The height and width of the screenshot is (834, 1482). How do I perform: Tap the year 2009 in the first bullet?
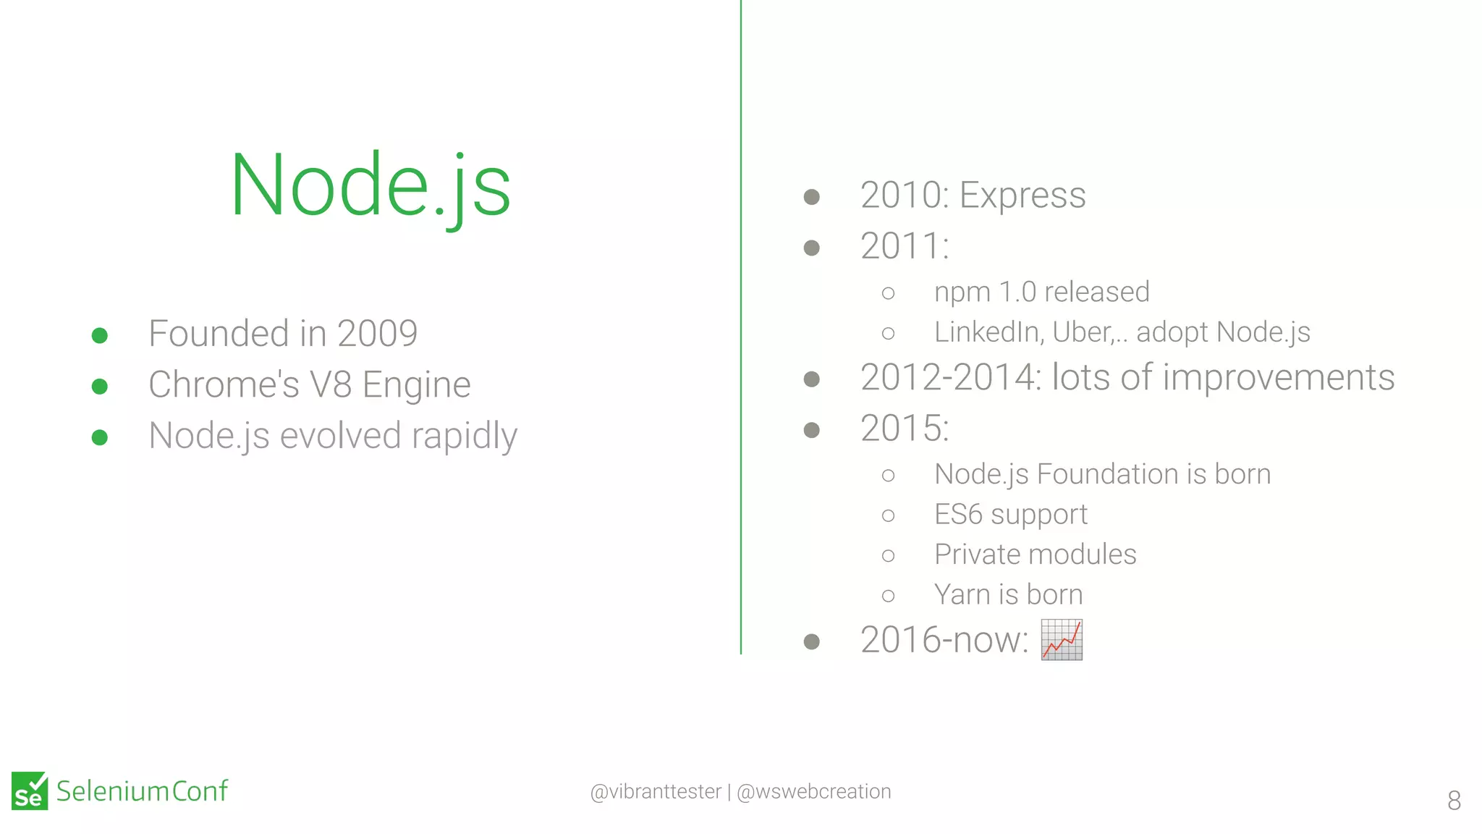377,334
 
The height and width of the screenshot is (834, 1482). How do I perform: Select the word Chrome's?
224,384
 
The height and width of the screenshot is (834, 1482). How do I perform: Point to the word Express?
1022,195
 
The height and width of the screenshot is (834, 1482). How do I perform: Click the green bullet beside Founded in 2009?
100,335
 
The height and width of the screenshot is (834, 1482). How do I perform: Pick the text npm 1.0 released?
1041,292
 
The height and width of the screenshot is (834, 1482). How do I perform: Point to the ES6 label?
958,515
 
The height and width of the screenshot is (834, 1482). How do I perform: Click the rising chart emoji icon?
1062,639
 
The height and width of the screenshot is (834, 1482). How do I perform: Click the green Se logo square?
30,791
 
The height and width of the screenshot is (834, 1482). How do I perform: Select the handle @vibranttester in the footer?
656,791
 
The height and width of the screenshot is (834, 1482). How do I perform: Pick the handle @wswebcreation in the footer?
813,791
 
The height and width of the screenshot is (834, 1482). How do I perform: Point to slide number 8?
1454,800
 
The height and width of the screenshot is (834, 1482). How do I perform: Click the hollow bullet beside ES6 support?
888,515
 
